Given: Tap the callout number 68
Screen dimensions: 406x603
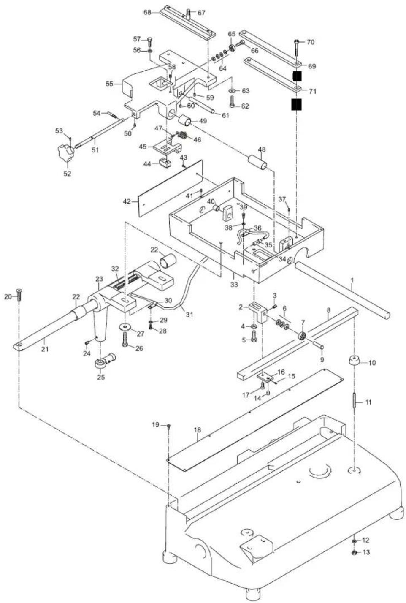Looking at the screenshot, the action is point(147,12).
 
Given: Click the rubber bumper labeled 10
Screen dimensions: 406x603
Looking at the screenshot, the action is point(355,360).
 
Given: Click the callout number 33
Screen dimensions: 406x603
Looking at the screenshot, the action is point(234,284).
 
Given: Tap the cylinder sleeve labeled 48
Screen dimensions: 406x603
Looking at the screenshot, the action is point(257,161).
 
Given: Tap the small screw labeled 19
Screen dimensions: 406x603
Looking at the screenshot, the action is point(169,426).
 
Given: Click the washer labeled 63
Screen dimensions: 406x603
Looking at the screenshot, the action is point(232,90).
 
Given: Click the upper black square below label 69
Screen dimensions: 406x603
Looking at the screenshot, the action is point(297,77).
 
